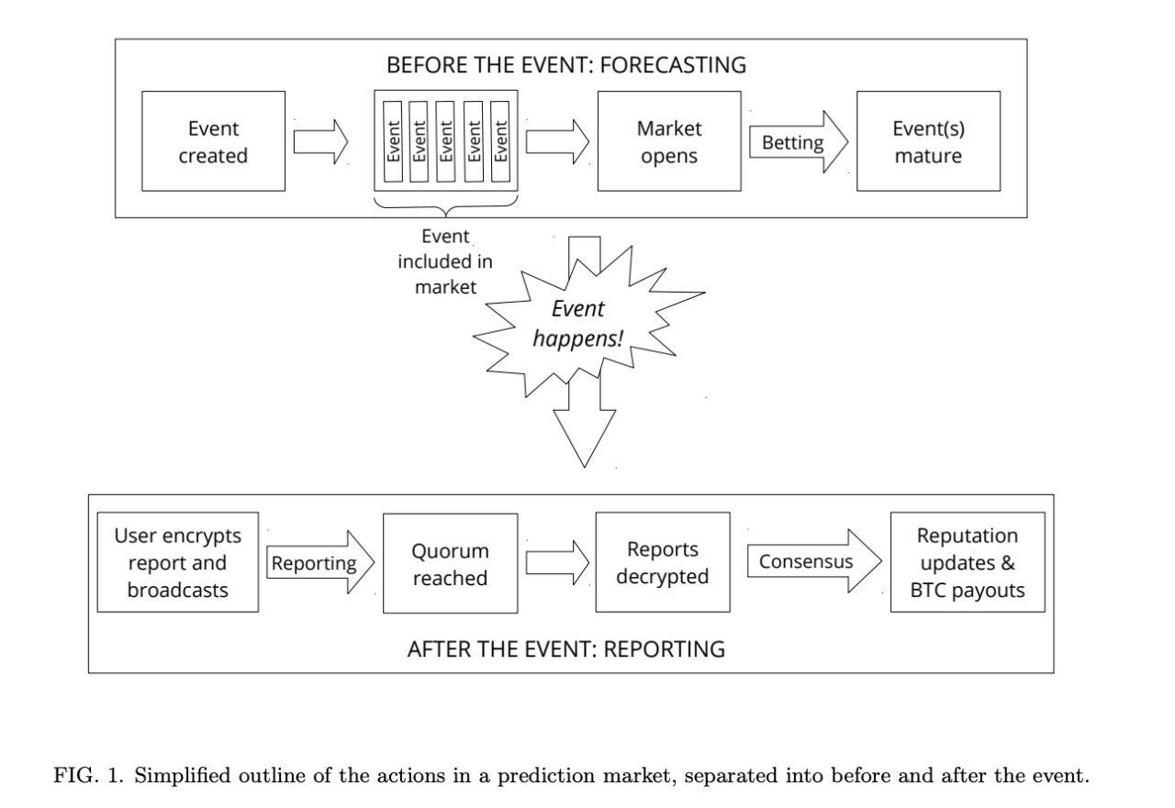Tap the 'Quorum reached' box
(x=450, y=563)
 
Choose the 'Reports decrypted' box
(x=662, y=563)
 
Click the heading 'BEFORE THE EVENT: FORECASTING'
(x=566, y=66)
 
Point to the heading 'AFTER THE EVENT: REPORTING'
(x=565, y=649)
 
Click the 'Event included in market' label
(x=445, y=261)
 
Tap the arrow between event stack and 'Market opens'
(x=555, y=142)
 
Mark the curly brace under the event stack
(x=447, y=208)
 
